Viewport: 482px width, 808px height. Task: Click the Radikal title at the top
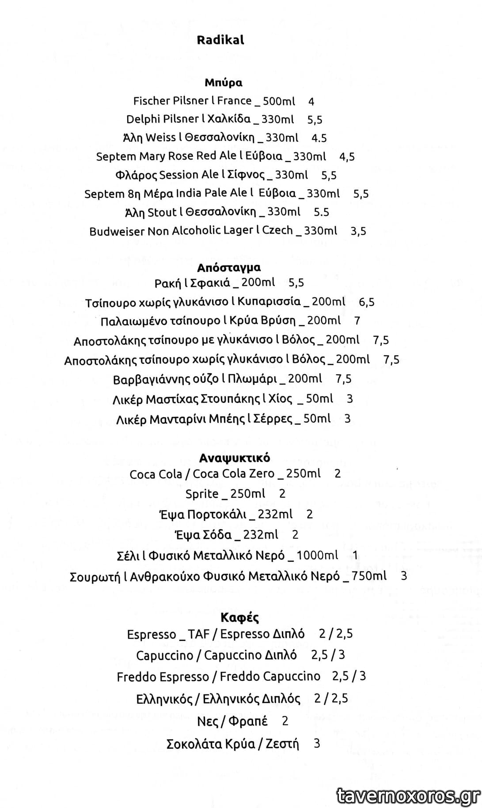click(x=220, y=40)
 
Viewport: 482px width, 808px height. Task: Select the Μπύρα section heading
click(x=223, y=83)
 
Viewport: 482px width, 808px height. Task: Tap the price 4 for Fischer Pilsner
click(x=311, y=101)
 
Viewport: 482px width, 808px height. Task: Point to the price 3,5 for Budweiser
click(x=358, y=231)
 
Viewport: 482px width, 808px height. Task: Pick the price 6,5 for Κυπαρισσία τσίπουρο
click(x=367, y=302)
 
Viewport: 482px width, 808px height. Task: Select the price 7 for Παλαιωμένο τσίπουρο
click(x=357, y=321)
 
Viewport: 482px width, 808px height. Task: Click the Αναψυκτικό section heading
click(x=234, y=458)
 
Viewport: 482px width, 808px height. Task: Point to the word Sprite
click(x=202, y=494)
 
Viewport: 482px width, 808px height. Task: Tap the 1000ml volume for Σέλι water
click(x=317, y=555)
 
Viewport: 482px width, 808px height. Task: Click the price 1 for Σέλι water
click(x=355, y=555)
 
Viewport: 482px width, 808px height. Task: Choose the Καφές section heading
click(x=239, y=617)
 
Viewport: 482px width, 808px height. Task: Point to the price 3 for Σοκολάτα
click(x=316, y=743)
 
